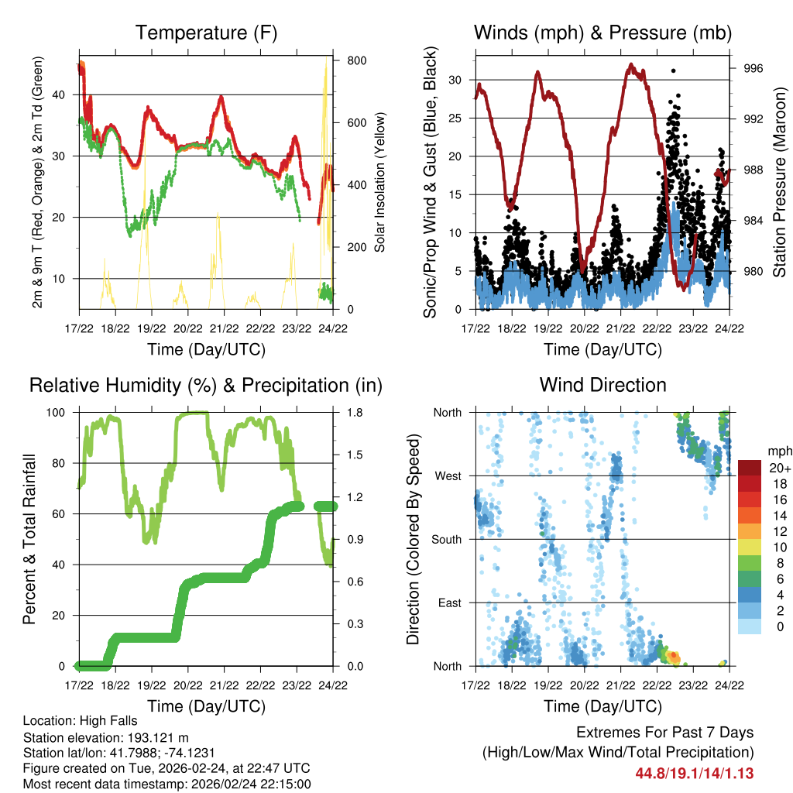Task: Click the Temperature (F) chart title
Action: click(x=206, y=33)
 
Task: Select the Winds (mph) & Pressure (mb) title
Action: click(x=602, y=33)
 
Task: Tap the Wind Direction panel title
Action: click(x=602, y=385)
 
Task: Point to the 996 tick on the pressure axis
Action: click(x=754, y=68)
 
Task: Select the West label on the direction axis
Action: click(x=448, y=475)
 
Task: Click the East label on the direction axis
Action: click(x=450, y=602)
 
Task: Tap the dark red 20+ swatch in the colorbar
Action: click(x=750, y=468)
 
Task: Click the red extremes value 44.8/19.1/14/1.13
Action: click(x=695, y=774)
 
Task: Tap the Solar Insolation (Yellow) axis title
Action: click(x=380, y=182)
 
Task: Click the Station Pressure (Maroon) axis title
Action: click(x=779, y=182)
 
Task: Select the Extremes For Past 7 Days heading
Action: click(x=664, y=733)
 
